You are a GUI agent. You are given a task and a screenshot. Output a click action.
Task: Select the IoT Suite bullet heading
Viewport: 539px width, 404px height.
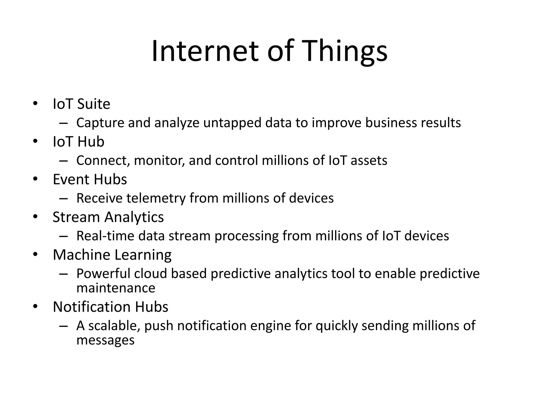(81, 104)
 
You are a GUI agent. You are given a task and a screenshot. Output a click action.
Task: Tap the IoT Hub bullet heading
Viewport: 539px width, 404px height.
(78, 142)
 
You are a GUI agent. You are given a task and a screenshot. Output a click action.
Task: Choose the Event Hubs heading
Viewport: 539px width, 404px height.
(90, 179)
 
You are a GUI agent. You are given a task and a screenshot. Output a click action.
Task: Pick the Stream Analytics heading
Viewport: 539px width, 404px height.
(108, 217)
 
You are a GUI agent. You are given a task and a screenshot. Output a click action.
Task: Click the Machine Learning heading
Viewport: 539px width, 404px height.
(112, 255)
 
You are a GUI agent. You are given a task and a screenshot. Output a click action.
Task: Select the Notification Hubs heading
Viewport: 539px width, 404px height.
(111, 307)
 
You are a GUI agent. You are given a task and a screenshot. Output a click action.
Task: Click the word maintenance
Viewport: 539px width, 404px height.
(116, 288)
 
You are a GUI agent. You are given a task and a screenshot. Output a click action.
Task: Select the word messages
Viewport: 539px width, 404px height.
(105, 340)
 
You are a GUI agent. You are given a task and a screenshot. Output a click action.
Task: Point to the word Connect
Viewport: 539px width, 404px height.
(103, 160)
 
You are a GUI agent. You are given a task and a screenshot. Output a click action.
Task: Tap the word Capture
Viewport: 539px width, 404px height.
(100, 123)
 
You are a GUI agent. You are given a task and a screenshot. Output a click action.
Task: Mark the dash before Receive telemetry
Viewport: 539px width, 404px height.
(63, 199)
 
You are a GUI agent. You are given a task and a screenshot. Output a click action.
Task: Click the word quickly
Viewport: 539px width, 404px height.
(337, 326)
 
